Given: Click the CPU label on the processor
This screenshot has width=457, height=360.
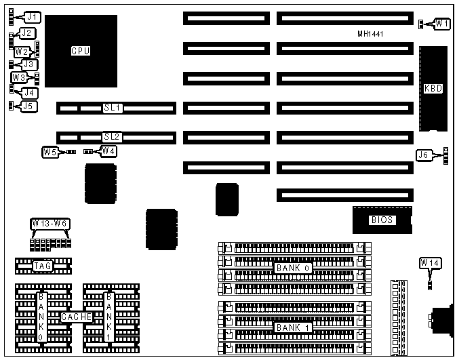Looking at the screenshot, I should [81, 50].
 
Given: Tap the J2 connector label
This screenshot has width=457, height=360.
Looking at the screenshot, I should [27, 33].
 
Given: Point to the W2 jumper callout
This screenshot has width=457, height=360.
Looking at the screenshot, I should [22, 51].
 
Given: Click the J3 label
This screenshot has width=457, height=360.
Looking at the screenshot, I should [28, 64].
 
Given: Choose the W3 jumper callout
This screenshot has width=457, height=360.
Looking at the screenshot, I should [19, 78].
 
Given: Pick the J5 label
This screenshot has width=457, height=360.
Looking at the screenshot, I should [28, 106].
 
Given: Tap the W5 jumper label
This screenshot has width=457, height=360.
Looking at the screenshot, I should [50, 152].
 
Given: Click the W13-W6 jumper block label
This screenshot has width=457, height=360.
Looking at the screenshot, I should [50, 224].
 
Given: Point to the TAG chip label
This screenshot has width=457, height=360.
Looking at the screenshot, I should [42, 266].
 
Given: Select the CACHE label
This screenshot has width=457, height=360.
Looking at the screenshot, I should [73, 317].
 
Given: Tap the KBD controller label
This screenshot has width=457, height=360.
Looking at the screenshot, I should [433, 88].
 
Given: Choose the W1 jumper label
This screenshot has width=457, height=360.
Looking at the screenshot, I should [442, 24].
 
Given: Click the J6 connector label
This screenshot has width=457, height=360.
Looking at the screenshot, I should [424, 155].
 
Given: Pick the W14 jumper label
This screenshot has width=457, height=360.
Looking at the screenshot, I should [430, 262].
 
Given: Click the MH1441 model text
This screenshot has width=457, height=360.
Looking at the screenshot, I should [372, 34].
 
